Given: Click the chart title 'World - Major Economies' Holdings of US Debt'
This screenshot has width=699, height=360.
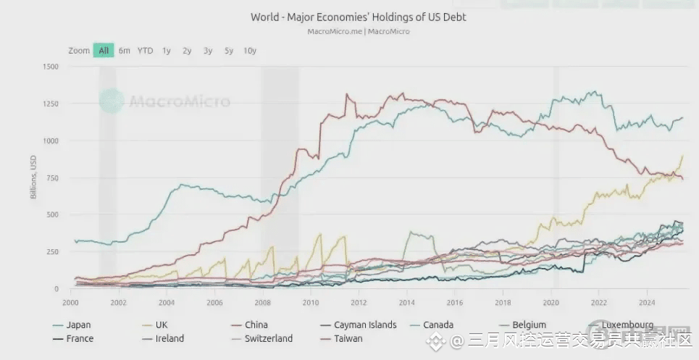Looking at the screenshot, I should point(358,17).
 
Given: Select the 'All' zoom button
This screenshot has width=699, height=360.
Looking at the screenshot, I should point(104,51).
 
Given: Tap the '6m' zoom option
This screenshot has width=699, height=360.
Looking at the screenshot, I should point(125,51).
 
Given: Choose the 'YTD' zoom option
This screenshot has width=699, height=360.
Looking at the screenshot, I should point(145,51).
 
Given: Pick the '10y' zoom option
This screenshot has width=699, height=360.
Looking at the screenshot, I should point(250,51).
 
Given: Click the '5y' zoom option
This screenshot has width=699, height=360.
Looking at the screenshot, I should point(229,51).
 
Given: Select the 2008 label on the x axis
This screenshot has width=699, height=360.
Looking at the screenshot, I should point(263,302).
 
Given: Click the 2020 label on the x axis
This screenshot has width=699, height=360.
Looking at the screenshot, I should point(551,302).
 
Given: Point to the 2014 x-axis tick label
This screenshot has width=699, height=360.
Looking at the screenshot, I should point(406,302).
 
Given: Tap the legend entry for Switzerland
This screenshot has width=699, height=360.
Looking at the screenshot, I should point(268,338).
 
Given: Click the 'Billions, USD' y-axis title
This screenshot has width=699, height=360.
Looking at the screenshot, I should point(34,178).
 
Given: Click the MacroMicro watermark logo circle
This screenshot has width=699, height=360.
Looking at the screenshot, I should point(112,101).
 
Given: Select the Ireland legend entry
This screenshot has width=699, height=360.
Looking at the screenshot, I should point(169,338).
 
